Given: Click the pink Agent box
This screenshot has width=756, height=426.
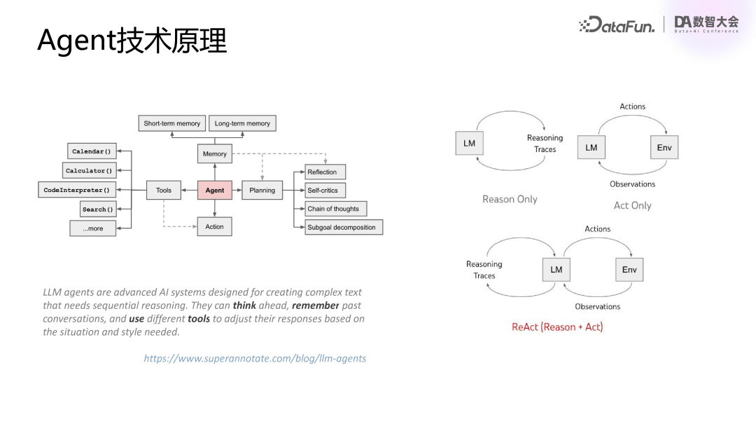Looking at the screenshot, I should (215, 190).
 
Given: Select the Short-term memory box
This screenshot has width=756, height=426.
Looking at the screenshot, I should (171, 123).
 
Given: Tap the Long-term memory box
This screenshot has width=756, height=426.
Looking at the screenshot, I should (242, 123).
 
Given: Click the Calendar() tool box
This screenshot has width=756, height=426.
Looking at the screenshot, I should (91, 151).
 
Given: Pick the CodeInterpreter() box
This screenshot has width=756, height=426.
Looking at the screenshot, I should (77, 190).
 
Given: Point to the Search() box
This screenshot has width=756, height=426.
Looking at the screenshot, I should (97, 209).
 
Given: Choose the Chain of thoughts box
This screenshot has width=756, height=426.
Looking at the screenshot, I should (335, 209).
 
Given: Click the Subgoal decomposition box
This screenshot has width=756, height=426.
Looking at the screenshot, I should (343, 227).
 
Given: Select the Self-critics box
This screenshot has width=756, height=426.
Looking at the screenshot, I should (324, 190).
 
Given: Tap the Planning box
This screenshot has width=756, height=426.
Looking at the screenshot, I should (262, 190).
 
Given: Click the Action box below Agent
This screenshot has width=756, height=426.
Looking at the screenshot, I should (215, 226).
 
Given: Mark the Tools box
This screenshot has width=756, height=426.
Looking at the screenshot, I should (164, 190).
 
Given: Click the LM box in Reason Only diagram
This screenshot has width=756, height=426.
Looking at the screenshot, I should (469, 143).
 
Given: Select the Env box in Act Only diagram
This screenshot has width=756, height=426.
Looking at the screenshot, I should (664, 147).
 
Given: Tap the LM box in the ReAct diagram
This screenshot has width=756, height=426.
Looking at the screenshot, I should (556, 270).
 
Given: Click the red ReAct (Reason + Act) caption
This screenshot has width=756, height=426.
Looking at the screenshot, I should (557, 327).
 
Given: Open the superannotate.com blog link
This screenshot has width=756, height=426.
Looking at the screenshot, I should (255, 358).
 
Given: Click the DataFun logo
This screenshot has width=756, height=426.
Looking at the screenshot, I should (617, 25).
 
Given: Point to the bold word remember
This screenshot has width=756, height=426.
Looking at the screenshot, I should (316, 305).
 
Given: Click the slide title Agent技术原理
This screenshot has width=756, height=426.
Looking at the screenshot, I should (132, 41).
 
